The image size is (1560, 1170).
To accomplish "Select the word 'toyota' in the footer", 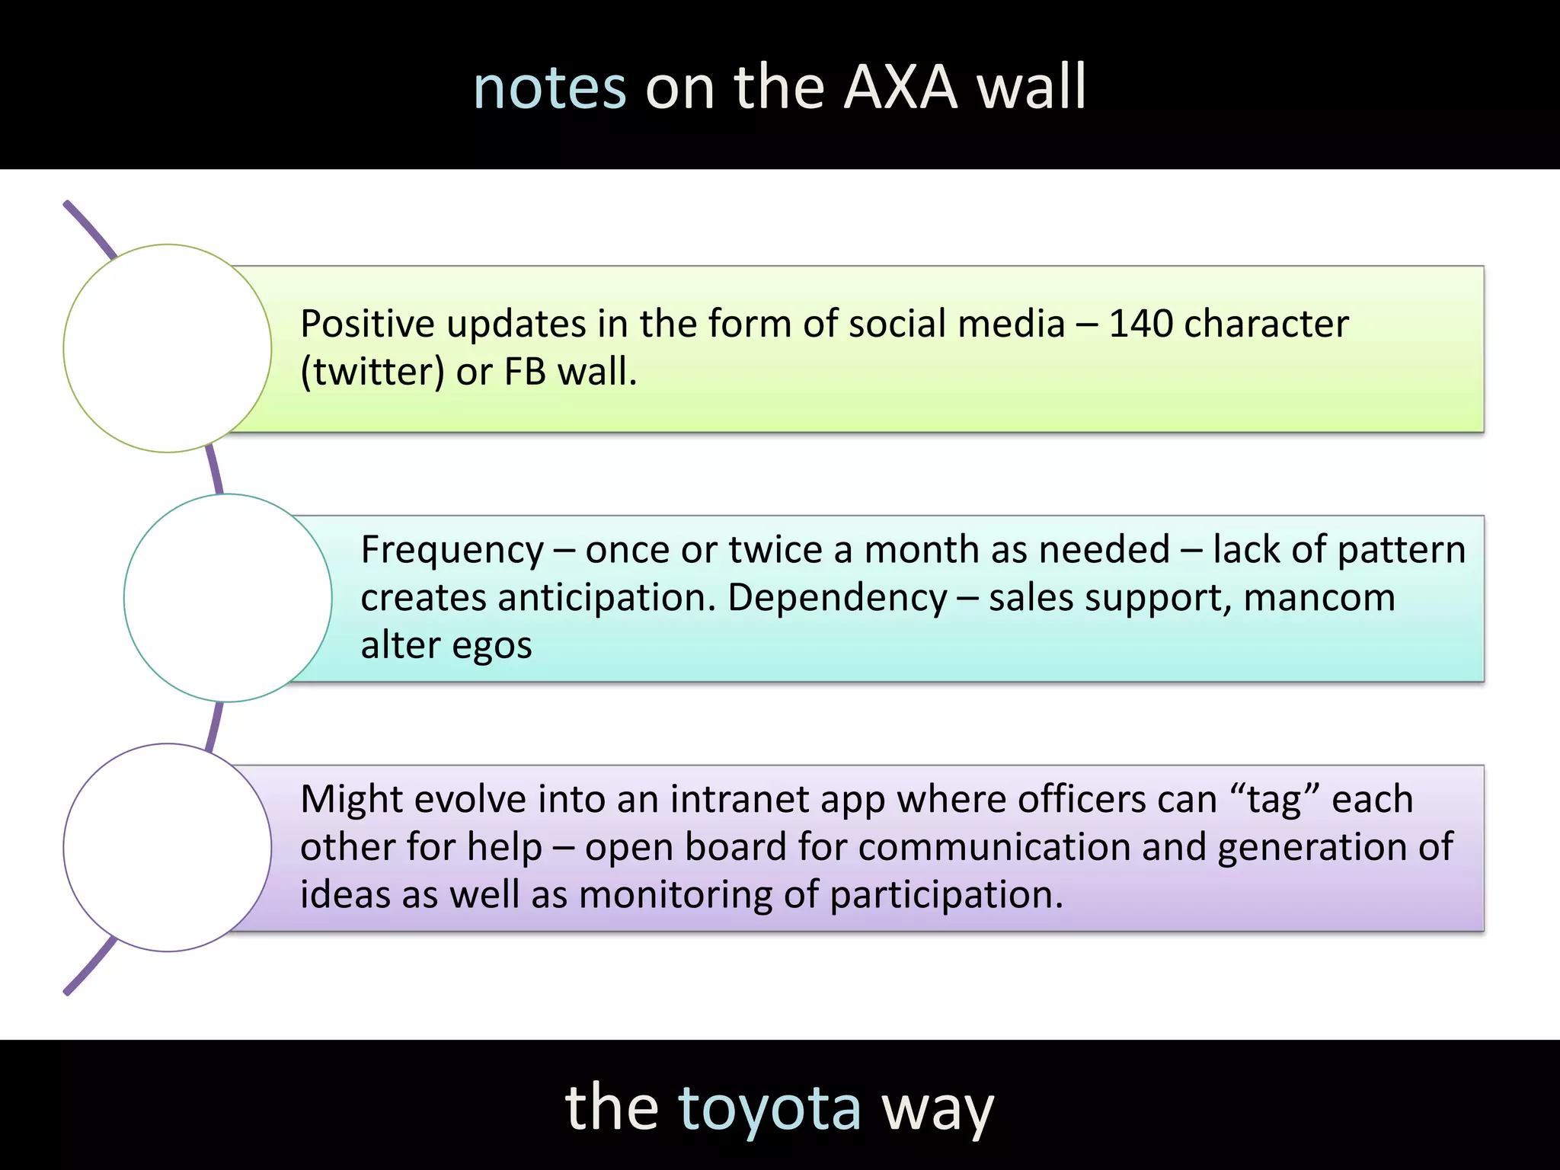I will coord(769,1108).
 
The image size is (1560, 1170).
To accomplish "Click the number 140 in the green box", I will coord(1140,324).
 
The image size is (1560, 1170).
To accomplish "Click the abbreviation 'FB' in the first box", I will coord(525,372).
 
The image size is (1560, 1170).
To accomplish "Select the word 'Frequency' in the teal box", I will coord(452,550).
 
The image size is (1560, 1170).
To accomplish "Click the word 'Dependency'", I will coord(837,598).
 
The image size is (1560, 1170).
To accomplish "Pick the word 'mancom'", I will coord(1319,598).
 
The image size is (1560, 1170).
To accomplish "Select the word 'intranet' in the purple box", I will coord(751,800).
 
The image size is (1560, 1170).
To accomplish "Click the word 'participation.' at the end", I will coord(946,895).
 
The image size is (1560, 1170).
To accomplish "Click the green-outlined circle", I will coord(168,348).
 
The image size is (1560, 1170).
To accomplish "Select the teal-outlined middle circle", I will coord(228,598).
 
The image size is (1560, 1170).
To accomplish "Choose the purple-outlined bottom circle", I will coord(168,847).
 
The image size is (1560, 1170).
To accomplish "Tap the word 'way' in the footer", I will coord(937,1108).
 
